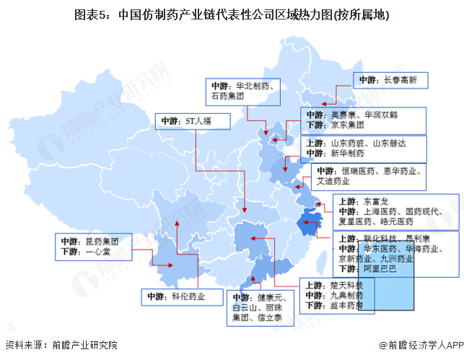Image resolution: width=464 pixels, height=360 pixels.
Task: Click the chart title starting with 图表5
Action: [232, 14]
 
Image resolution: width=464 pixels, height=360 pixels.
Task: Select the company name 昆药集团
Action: [100, 241]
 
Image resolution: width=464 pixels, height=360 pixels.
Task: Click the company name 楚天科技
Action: [345, 284]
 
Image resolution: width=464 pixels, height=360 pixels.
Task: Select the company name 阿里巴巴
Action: [379, 268]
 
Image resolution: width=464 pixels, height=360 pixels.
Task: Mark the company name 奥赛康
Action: [343, 115]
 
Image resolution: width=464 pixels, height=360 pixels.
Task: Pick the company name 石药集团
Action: [228, 96]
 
